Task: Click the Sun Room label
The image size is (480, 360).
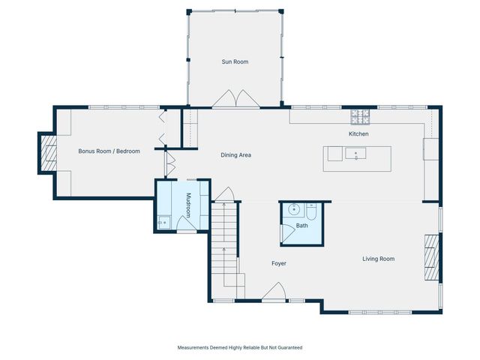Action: (235, 61)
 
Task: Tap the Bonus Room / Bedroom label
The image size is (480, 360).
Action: (109, 151)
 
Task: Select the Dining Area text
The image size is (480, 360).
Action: (235, 155)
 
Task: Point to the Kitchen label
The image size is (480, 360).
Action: (358, 133)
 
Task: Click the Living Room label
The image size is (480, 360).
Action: (378, 259)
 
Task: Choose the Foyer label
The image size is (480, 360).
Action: (279, 263)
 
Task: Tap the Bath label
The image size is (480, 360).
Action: (301, 226)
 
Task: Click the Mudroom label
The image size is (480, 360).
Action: (188, 205)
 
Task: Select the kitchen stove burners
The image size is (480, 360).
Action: (360, 117)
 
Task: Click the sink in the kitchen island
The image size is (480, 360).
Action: (355, 153)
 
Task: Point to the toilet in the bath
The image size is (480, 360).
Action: (311, 211)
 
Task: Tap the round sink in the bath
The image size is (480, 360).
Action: (294, 210)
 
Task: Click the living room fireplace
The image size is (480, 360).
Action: (432, 257)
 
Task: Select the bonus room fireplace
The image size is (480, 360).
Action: (49, 153)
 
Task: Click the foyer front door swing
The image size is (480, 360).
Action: (274, 291)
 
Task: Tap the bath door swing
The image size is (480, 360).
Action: (288, 234)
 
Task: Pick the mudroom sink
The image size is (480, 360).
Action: (164, 222)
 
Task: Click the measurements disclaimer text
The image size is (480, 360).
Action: (240, 347)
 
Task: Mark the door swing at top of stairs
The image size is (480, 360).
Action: (224, 194)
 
